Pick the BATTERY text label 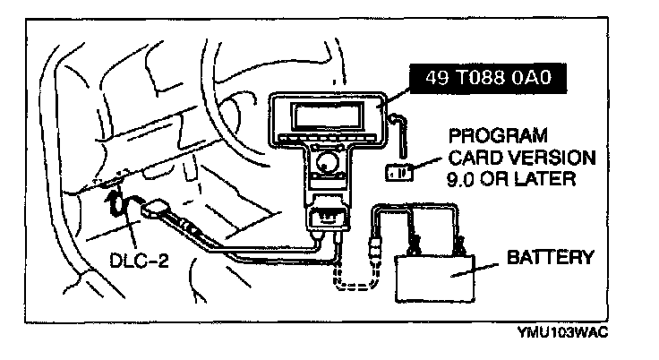550,258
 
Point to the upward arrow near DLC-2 115,199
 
